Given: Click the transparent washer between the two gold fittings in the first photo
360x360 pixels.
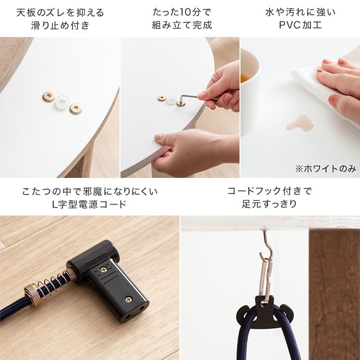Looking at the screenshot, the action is [x=62, y=102].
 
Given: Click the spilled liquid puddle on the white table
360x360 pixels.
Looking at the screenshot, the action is [x=301, y=123].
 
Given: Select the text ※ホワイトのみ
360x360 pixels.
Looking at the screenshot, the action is [x=326, y=169].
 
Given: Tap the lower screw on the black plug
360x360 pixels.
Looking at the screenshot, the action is [x=129, y=299].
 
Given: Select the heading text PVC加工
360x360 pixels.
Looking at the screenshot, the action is [x=301, y=25].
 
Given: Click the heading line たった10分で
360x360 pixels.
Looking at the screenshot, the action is [x=182, y=12].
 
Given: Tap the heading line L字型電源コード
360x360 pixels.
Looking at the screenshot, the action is [x=90, y=204].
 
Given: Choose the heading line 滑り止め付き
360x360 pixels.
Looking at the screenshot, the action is [x=60, y=25].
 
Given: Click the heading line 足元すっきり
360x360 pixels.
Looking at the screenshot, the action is [x=269, y=203].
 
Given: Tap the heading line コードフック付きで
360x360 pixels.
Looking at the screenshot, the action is [x=269, y=191].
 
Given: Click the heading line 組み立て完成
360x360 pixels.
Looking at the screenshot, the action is [x=182, y=25].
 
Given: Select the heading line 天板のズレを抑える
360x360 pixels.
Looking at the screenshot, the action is [x=60, y=12].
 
